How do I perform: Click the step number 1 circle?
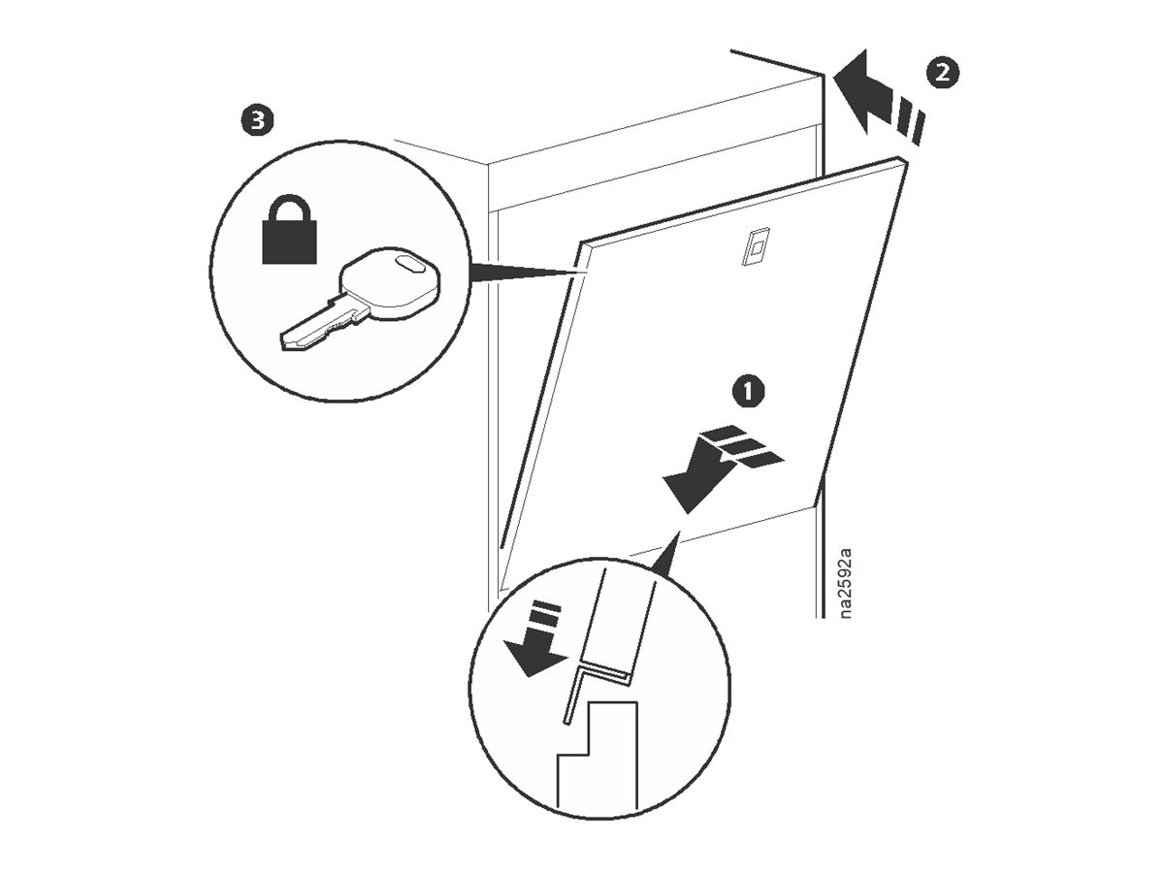pyautogui.click(x=747, y=391)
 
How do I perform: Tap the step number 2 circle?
pyautogui.click(x=941, y=71)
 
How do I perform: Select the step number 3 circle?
pyautogui.click(x=256, y=121)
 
